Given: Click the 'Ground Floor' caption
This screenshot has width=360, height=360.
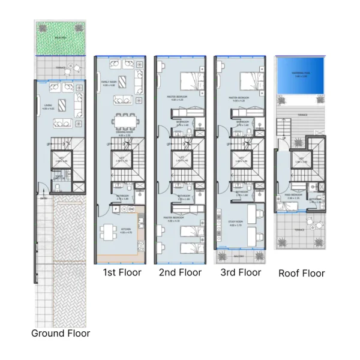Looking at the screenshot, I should (x=61, y=333).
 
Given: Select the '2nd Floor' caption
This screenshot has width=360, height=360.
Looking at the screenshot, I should (x=180, y=272).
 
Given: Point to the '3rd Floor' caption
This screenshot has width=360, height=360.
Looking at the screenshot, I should (x=241, y=272).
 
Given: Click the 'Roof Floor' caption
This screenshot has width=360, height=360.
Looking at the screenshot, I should (x=301, y=273).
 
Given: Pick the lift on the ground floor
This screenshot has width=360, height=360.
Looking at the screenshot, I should (x=61, y=160).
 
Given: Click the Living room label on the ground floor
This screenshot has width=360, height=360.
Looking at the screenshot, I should (x=49, y=108).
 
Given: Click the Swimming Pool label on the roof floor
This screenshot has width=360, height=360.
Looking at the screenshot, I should (x=300, y=74).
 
